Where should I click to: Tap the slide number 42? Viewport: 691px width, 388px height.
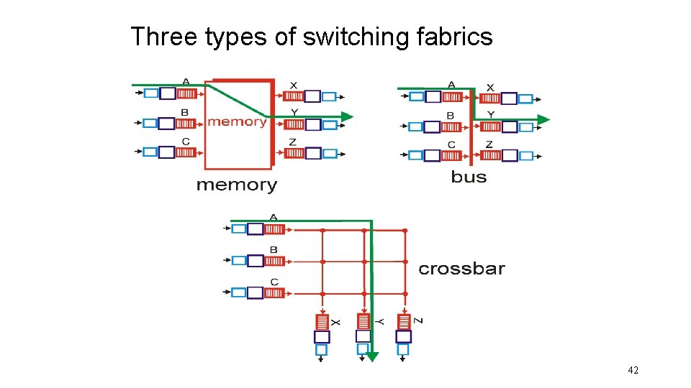click(633, 370)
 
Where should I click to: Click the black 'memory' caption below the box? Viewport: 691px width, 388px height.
click(236, 185)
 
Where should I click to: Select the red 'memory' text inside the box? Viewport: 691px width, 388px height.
click(237, 121)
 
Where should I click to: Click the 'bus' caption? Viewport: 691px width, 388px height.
click(469, 177)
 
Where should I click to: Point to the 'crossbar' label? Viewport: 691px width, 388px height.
click(461, 269)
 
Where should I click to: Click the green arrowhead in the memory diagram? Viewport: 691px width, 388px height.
click(347, 116)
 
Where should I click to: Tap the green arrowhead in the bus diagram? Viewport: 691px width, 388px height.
click(543, 119)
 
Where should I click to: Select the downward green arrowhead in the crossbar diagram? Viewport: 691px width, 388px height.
click(371, 356)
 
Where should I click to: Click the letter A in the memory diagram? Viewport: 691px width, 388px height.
click(186, 82)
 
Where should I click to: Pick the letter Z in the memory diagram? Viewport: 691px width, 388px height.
click(292, 142)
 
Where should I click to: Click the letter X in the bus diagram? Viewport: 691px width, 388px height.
click(490, 88)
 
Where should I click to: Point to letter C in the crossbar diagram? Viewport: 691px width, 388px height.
click(274, 282)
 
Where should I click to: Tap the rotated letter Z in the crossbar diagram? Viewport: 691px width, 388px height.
click(418, 320)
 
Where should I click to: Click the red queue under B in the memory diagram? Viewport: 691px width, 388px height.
click(186, 123)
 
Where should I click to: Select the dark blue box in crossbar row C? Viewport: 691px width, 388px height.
click(256, 292)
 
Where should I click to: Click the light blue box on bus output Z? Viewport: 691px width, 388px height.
click(526, 155)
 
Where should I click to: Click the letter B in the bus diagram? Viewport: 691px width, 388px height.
click(451, 115)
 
